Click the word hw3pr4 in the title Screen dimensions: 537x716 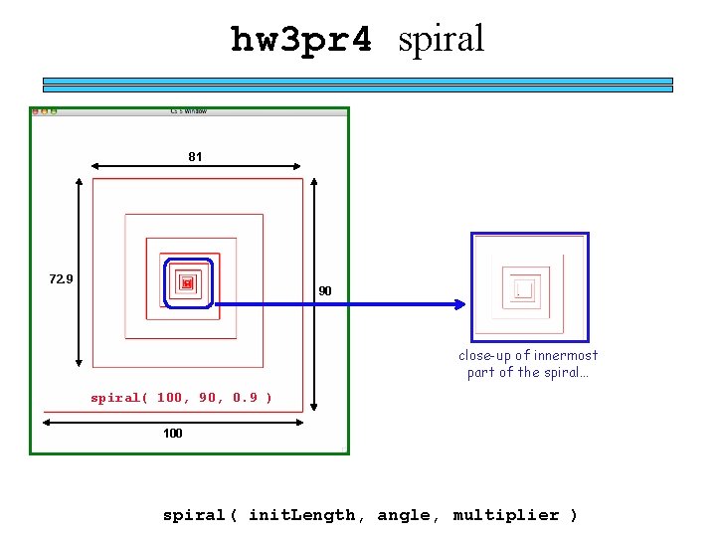(301, 40)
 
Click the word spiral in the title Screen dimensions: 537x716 (441, 39)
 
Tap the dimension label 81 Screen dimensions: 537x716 (195, 156)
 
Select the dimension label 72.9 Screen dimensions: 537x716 (62, 278)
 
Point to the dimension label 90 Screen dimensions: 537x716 (325, 291)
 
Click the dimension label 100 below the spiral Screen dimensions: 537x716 (173, 434)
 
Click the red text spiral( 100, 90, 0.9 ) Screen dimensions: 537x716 (181, 398)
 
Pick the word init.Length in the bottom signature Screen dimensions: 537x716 (301, 515)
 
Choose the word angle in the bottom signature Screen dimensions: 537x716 (404, 515)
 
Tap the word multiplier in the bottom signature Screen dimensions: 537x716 (506, 515)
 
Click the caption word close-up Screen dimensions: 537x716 (484, 356)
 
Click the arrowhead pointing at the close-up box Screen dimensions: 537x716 (460, 303)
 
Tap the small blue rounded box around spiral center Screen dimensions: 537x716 (188, 284)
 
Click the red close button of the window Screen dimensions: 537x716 (35, 111)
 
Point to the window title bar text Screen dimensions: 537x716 (189, 111)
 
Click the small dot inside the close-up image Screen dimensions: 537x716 (518, 294)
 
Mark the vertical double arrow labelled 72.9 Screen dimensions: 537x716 (80, 273)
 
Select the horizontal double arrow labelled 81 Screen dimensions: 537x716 (195, 167)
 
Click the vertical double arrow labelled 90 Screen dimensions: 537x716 (315, 293)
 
